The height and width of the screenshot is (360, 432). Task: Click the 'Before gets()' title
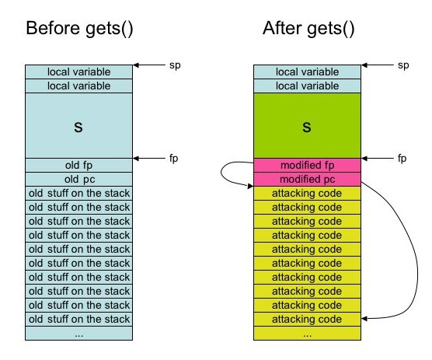[79, 29]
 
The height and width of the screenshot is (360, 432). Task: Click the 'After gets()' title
[308, 29]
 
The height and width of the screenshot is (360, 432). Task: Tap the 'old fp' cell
[78, 165]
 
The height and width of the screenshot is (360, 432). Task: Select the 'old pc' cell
[78, 179]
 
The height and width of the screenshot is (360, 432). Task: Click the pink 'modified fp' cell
[307, 165]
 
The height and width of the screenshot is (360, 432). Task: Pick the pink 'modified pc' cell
[307, 179]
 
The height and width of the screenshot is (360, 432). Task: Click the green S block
[307, 125]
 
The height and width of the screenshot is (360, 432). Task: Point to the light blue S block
[78, 125]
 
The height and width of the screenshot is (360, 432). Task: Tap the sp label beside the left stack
[175, 65]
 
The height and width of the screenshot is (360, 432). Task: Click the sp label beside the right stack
[403, 65]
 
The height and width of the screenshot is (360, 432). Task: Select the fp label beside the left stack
[173, 159]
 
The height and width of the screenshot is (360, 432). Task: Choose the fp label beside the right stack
[402, 159]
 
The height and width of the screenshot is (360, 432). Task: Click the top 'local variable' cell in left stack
[78, 72]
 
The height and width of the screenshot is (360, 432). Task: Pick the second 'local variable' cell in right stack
[307, 86]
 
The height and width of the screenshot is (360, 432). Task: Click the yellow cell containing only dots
[307, 334]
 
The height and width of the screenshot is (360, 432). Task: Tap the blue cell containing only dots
[78, 334]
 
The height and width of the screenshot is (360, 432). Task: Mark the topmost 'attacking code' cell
[307, 194]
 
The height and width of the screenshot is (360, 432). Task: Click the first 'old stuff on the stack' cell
[78, 194]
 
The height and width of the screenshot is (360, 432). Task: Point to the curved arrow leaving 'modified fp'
[221, 173]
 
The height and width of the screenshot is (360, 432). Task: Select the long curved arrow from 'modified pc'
[417, 264]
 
